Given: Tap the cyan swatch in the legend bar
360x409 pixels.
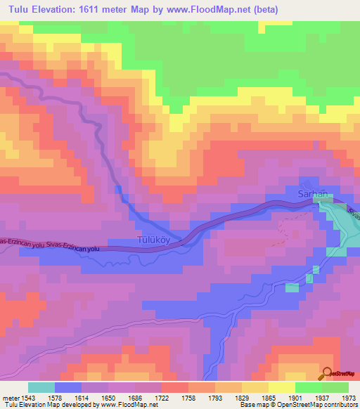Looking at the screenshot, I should pyautogui.click(x=41, y=387).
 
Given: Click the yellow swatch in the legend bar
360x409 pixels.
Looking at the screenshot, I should pyautogui.click(x=281, y=387).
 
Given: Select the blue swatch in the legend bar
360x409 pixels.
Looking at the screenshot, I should pyautogui.click(x=67, y=387).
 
